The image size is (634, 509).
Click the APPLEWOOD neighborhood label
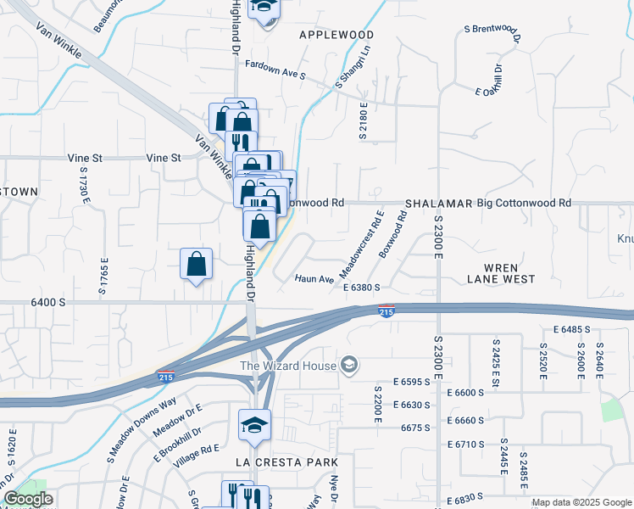pos(336,35)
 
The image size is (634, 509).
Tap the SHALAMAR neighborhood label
pos(437,204)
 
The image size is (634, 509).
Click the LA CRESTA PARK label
pos(286,462)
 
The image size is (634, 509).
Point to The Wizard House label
pos(288,366)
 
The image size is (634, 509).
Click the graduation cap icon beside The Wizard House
pos(348,366)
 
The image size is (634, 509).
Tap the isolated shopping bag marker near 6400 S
pos(197,264)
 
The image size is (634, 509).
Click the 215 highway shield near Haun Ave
pos(387,312)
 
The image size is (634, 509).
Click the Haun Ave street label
pos(314,278)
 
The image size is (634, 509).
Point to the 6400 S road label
pos(47,302)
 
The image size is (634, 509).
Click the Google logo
pos(28,499)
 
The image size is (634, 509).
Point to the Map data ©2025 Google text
pos(581,502)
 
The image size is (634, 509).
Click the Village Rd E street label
pos(197,449)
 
